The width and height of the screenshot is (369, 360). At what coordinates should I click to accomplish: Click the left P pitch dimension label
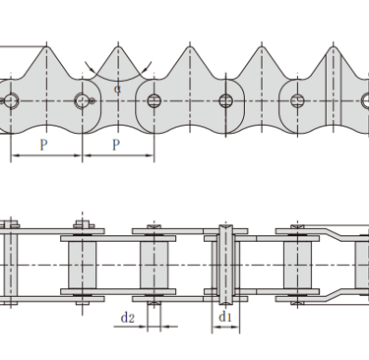(x=43, y=145)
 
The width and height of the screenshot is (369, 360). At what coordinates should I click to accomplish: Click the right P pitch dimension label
(x=116, y=145)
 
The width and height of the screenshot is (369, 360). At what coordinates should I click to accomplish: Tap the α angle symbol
(x=117, y=89)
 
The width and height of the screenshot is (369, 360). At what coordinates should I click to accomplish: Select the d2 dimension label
(x=128, y=318)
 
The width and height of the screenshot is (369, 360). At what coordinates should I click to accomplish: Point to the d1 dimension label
(x=225, y=317)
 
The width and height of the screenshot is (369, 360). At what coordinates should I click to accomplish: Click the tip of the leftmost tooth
(x=47, y=46)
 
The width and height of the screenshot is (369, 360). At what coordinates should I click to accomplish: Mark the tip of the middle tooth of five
(x=190, y=46)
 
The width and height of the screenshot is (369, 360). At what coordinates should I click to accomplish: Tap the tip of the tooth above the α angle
(x=118, y=46)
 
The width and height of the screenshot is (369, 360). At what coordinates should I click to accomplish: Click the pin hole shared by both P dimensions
(x=82, y=100)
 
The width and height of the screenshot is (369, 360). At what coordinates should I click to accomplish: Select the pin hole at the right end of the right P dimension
(x=154, y=100)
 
